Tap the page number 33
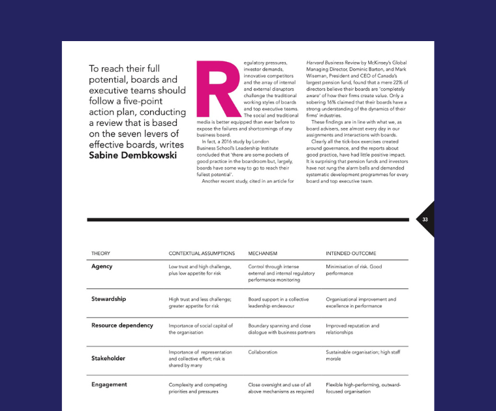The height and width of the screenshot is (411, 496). (x=425, y=220)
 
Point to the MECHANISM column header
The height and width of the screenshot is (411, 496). (x=263, y=253)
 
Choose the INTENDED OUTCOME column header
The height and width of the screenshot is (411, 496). (x=350, y=253)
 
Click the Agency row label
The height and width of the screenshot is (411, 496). (x=102, y=266)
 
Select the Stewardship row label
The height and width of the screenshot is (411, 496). (x=108, y=299)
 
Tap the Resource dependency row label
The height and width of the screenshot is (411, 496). (x=122, y=325)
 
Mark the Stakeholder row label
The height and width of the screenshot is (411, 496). (x=108, y=358)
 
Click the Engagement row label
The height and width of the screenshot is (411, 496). (x=109, y=384)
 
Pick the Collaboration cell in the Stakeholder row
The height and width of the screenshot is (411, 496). (x=263, y=352)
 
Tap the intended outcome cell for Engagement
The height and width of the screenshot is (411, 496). (x=364, y=388)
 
